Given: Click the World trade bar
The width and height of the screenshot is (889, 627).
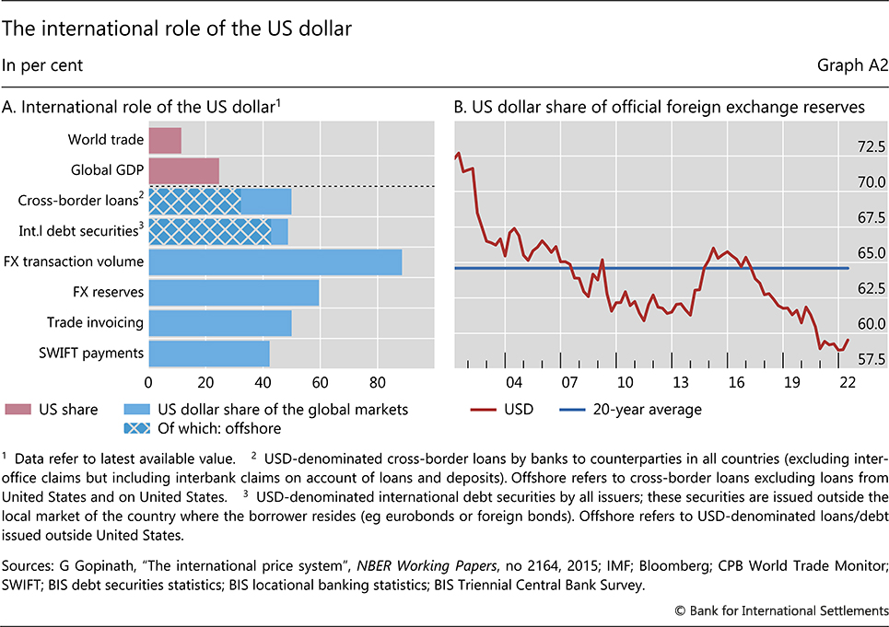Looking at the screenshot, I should click(164, 140).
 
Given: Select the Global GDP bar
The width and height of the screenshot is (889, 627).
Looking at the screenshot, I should click(183, 170).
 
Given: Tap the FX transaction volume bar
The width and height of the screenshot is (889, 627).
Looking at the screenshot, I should click(275, 261).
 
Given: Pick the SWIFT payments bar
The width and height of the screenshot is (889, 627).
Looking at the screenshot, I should click(208, 353).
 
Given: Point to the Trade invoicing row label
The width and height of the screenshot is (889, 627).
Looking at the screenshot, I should click(96, 322).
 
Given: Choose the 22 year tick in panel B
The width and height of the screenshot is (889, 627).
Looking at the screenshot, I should click(848, 383).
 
